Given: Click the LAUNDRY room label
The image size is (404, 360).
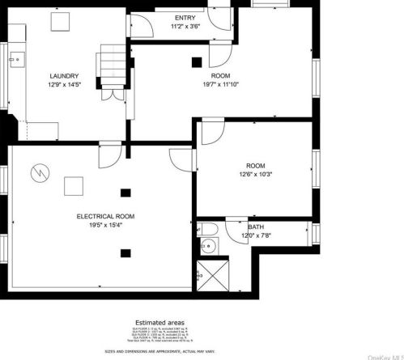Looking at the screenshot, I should pyautogui.click(x=63, y=74).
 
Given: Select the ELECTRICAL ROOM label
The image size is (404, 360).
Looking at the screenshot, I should pyautogui.click(x=105, y=217).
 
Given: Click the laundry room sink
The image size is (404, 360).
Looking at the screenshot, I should pyautogui.click(x=16, y=59).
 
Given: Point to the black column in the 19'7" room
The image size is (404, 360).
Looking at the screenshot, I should pyautogui.click(x=196, y=61).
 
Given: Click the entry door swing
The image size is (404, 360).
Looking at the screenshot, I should pyautogui.click(x=142, y=26).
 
